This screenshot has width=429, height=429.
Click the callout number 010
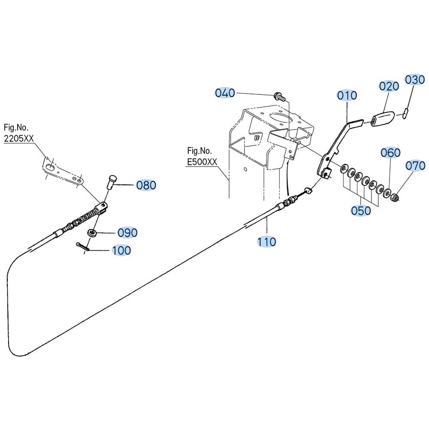347,96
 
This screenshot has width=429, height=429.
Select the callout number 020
389,86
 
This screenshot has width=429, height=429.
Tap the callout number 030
415,80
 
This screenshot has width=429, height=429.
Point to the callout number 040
225,93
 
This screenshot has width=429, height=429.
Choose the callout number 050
361,211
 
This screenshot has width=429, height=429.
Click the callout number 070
415,166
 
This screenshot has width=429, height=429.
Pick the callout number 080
146,185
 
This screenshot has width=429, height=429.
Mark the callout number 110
267,242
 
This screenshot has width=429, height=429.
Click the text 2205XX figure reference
18,139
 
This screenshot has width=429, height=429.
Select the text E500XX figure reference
202,162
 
